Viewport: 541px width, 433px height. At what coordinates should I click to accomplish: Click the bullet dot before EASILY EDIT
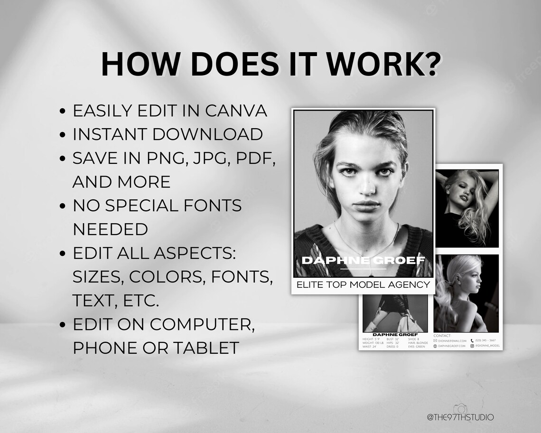coord(63,112)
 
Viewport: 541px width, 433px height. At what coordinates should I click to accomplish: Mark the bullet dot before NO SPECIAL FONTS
coord(63,207)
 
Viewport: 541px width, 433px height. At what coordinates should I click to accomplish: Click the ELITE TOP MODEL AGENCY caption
coord(363,285)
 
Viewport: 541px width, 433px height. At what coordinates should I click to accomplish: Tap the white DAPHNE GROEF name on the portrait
coord(363,260)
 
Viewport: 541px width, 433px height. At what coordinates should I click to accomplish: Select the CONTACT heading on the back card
coord(442,335)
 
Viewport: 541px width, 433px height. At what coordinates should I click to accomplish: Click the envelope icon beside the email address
coord(435,340)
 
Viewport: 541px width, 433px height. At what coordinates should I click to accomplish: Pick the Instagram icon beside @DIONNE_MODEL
coord(473,346)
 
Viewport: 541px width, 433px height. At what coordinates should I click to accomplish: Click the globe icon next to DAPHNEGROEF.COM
coord(435,346)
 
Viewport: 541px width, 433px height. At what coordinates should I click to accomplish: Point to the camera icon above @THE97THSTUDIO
coord(459,409)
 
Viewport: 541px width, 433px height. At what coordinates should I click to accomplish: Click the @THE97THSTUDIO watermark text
coord(460,417)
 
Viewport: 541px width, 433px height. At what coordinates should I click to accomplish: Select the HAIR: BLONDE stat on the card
coord(418,343)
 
